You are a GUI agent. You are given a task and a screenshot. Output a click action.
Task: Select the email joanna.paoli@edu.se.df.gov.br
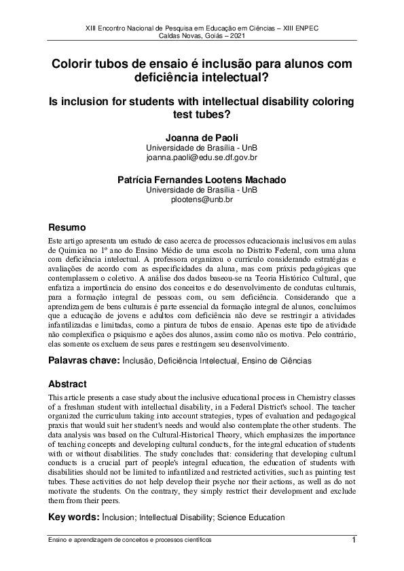pyautogui.click(x=202, y=157)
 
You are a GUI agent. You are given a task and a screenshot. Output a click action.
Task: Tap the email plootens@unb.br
pyautogui.click(x=202, y=199)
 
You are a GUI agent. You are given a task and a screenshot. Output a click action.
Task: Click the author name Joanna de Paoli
pyautogui.click(x=202, y=138)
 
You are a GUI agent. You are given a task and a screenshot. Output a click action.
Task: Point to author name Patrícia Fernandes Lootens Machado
pyautogui.click(x=202, y=180)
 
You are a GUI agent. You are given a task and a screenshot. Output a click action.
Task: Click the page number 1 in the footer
pyautogui.click(x=354, y=540)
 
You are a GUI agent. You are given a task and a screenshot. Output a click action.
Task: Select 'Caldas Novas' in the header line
pyautogui.click(x=179, y=35)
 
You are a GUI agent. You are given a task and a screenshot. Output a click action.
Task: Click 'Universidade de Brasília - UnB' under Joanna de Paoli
pyautogui.click(x=202, y=148)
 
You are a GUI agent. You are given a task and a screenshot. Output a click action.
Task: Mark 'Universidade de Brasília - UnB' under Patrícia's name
pyautogui.click(x=202, y=190)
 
